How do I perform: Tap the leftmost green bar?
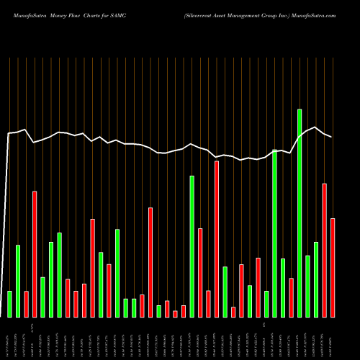pos(9,304)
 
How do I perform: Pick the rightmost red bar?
pos(333,267)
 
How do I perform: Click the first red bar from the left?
pos(26,304)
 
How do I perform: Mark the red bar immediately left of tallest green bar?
pos(291,297)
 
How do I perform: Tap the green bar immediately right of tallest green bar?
pos(307,286)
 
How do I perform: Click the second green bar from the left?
pos(18,281)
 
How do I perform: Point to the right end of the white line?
pos(332,137)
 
